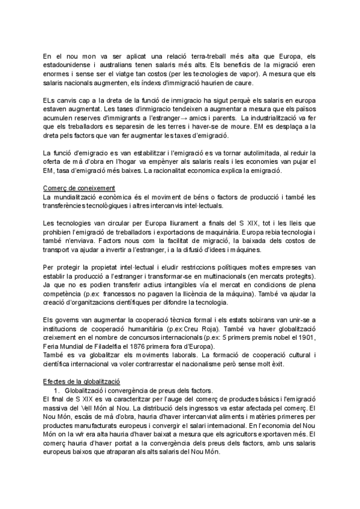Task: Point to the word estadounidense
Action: (x=65, y=65)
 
